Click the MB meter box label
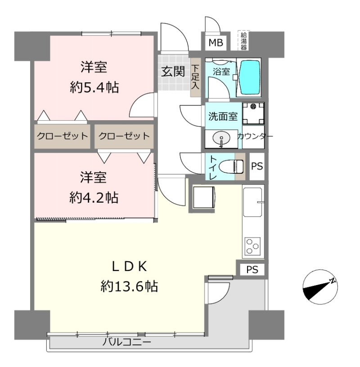[x=216, y=43]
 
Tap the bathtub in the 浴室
[x=249, y=77]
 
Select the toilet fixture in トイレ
[x=231, y=166]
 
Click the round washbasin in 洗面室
[x=221, y=138]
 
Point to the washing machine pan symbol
[x=253, y=114]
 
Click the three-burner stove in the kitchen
[x=252, y=246]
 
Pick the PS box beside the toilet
[x=257, y=166]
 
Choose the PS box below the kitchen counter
[x=252, y=270]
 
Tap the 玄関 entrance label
[x=173, y=72]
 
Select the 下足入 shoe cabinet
[x=195, y=77]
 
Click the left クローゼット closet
[x=62, y=136]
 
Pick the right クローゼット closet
[x=124, y=136]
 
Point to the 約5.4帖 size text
[x=94, y=87]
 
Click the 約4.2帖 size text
[x=94, y=198]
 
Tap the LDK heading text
[x=129, y=267]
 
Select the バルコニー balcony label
[x=126, y=343]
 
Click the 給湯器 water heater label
[x=244, y=41]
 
